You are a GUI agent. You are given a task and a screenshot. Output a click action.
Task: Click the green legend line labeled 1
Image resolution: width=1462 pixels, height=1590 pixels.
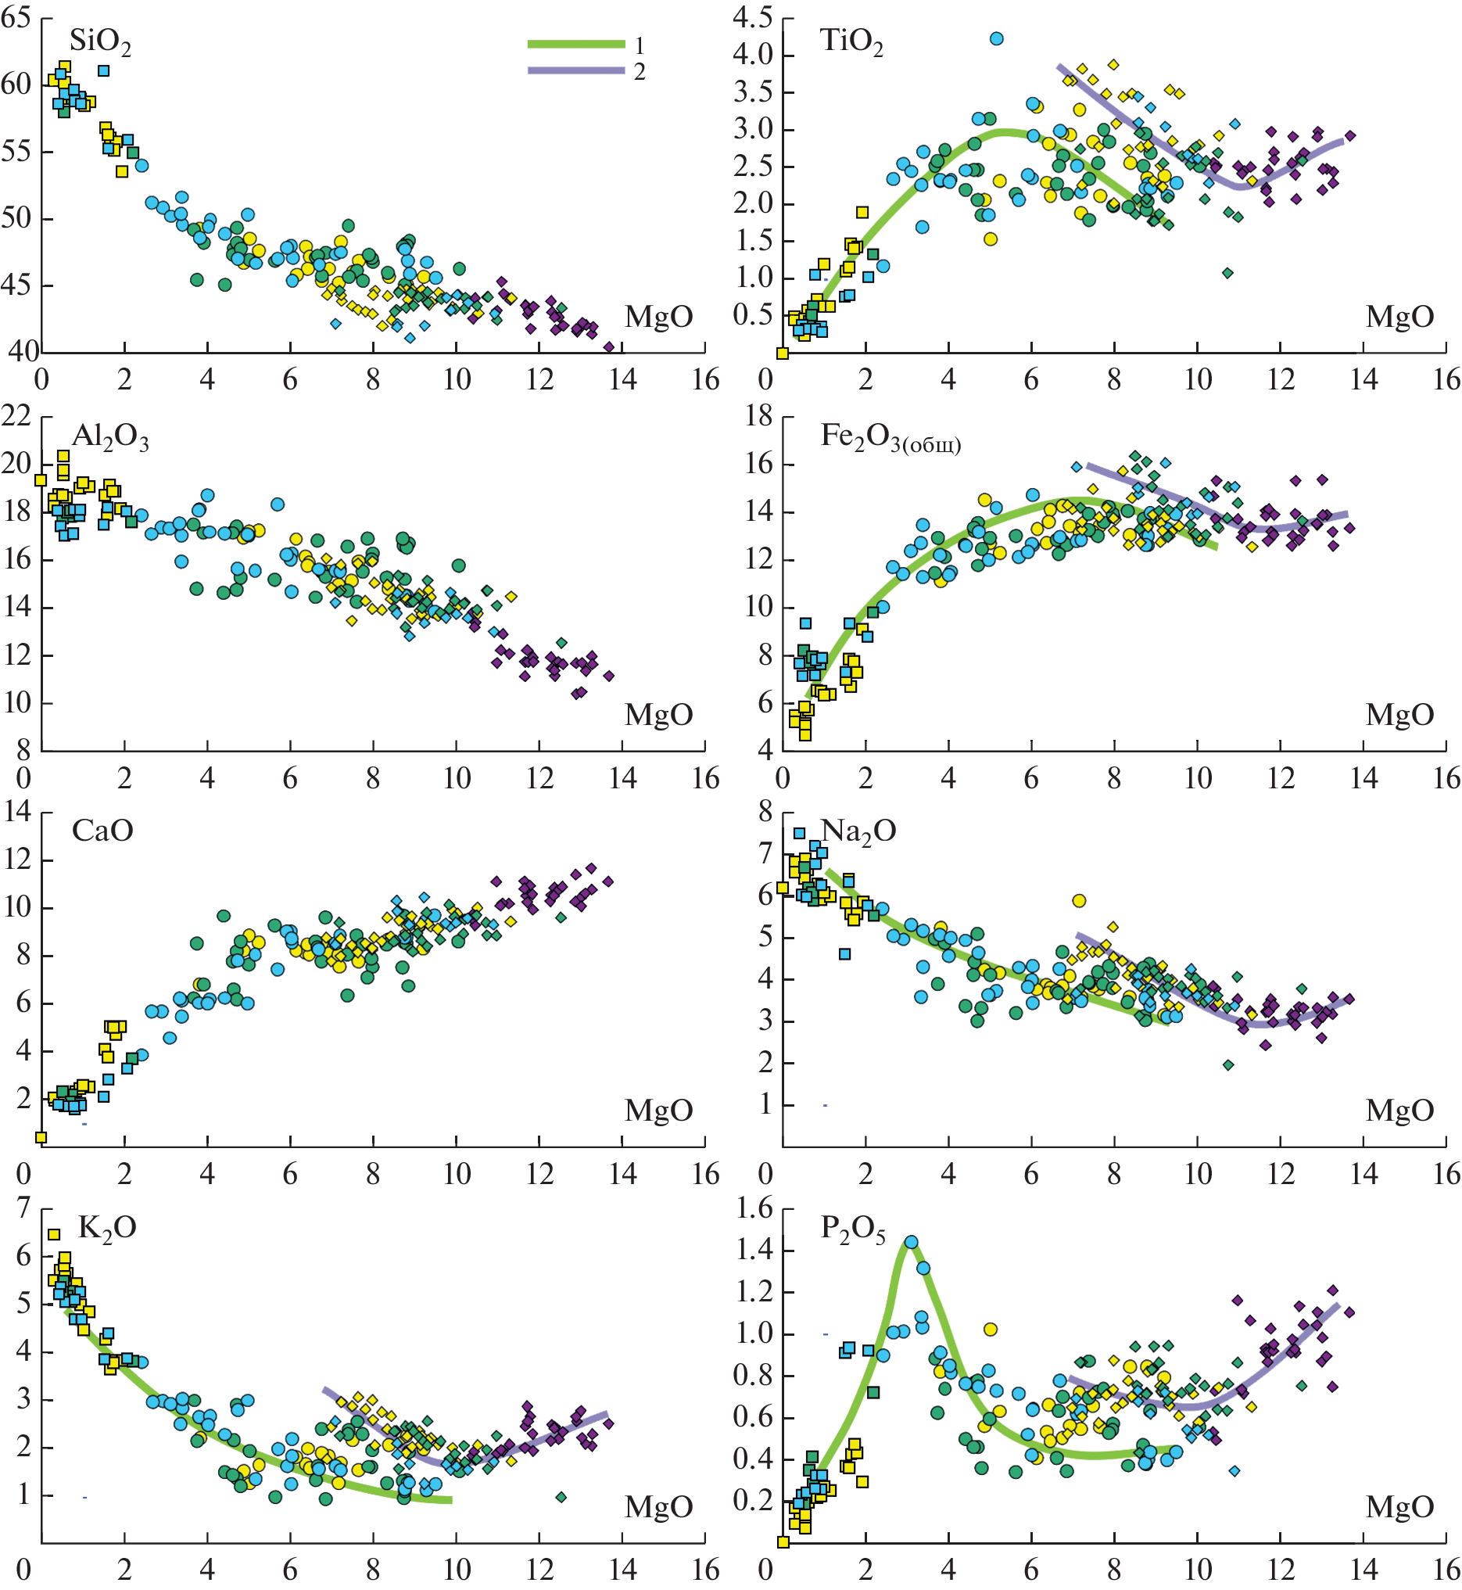tap(576, 45)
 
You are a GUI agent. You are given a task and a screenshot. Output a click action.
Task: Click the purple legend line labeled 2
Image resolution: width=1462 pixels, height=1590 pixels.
tap(576, 71)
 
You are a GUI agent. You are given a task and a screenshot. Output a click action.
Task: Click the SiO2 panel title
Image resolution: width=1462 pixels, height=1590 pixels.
tap(100, 42)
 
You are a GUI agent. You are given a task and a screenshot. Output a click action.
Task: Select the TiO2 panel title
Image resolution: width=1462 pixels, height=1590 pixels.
tap(851, 42)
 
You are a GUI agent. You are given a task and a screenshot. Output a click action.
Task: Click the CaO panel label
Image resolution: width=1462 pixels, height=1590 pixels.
tap(102, 831)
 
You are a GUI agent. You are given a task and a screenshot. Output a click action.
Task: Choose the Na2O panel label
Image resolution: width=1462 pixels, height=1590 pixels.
tap(858, 831)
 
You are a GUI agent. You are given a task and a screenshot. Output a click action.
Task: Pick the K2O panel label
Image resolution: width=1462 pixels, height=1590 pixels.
tap(107, 1229)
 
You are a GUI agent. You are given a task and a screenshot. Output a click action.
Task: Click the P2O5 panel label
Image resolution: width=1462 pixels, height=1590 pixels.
tap(853, 1229)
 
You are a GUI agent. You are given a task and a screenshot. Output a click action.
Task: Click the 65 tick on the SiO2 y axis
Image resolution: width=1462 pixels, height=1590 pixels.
tap(16, 17)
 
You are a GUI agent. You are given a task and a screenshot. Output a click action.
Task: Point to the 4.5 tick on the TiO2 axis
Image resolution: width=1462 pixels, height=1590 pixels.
tap(752, 17)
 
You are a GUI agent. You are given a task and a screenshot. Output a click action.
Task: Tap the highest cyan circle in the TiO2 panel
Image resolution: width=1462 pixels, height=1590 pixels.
tap(996, 39)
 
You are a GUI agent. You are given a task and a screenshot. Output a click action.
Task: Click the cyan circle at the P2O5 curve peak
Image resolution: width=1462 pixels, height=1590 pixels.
tap(912, 1243)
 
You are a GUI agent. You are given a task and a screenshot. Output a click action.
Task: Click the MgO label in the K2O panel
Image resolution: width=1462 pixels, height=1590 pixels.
tap(658, 1507)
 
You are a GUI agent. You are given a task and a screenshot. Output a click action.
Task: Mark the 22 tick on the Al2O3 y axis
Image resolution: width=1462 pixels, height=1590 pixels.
tap(16, 416)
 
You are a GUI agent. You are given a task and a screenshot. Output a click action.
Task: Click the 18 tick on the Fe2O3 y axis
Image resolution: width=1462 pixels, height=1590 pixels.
tap(758, 416)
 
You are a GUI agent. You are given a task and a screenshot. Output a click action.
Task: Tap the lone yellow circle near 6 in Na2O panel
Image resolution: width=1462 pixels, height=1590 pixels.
tap(1078, 901)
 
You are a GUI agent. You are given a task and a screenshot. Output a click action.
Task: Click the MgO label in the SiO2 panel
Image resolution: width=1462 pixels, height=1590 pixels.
tap(658, 318)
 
